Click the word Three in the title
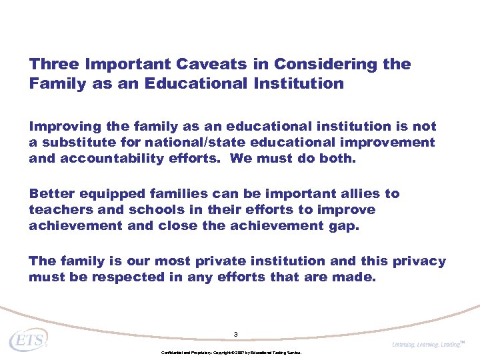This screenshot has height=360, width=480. point(54,65)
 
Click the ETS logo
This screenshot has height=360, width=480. point(28,341)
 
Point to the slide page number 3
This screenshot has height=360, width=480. point(236,334)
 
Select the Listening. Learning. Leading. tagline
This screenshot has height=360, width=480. point(427,344)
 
